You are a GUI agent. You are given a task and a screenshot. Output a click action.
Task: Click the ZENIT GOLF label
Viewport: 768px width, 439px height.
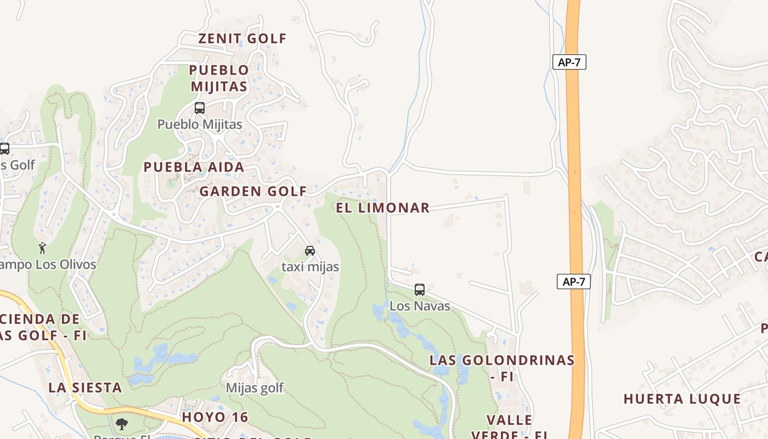tap(242, 38)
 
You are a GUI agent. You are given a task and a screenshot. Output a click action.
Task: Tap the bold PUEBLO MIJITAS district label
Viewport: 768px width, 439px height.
tap(219, 78)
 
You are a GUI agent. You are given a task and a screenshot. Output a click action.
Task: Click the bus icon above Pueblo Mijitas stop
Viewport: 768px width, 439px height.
tap(200, 108)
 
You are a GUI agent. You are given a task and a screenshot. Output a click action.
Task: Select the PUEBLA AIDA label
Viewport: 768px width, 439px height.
tap(194, 167)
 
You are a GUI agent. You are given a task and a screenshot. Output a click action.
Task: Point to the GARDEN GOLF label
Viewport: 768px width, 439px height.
tap(253, 192)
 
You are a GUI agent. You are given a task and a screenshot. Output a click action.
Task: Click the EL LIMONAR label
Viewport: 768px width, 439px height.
tap(382, 208)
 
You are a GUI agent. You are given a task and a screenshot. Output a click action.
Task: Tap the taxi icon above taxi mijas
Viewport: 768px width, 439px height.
tap(309, 251)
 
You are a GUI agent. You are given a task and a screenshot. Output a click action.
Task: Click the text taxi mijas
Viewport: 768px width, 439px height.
tap(310, 267)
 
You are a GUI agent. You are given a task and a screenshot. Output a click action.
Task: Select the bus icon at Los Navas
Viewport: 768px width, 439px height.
tap(420, 289)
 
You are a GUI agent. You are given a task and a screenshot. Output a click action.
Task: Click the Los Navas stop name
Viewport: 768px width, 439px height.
tap(420, 306)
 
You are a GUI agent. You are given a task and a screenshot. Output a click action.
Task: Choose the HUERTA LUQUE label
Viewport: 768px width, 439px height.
tap(682, 399)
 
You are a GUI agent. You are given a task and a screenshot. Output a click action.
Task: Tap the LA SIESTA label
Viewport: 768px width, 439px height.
tap(85, 387)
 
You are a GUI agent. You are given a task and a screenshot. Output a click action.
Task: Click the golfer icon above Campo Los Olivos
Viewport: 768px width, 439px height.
tap(42, 249)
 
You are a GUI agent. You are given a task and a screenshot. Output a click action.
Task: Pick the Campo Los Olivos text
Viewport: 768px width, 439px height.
tap(48, 264)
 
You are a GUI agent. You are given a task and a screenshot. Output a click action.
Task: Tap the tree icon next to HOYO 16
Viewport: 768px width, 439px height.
tap(121, 424)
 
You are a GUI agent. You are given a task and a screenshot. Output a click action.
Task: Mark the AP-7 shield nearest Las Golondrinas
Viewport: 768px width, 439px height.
tap(574, 282)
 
